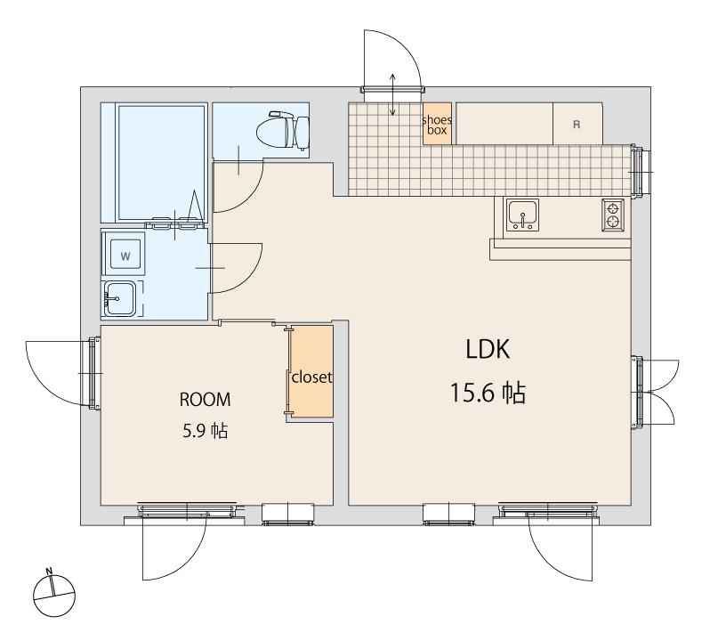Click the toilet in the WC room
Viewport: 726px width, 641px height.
283,130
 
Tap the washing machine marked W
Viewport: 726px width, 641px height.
125,256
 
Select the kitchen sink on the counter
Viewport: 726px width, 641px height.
522,214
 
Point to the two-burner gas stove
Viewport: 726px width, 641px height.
613,215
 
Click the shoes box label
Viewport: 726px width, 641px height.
437,125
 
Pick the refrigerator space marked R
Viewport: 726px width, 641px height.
577,123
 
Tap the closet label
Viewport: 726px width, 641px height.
311,377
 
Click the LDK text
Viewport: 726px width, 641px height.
488,349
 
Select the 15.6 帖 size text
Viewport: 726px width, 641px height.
488,393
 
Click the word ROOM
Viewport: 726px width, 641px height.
205,399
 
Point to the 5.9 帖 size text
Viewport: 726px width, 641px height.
206,431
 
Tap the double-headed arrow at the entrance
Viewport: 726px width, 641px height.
392,94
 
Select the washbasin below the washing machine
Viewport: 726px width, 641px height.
119,299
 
